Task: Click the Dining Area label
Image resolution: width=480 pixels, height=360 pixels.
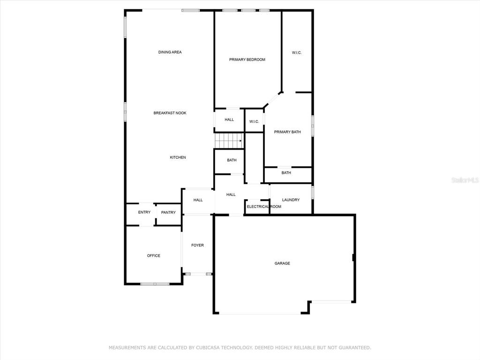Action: [170, 52]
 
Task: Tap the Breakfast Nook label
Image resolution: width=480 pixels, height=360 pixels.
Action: [170, 113]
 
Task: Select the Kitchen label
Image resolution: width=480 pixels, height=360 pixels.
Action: [178, 157]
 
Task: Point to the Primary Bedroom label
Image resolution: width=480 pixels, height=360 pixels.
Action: [247, 60]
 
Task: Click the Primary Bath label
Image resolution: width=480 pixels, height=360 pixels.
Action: [287, 132]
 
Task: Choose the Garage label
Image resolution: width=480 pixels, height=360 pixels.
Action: [282, 263]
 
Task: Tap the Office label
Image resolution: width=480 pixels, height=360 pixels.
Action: [154, 255]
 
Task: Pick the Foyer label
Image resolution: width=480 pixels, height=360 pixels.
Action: [197, 245]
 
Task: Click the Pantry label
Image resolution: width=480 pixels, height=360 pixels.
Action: [168, 212]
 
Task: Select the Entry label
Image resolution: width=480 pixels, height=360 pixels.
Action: [144, 212]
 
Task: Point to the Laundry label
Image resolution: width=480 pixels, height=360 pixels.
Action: [291, 200]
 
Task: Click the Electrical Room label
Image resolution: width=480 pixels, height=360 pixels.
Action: [264, 207]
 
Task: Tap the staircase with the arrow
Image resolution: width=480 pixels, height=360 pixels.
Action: [229, 141]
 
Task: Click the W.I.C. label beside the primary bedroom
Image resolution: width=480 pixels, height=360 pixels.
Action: [297, 52]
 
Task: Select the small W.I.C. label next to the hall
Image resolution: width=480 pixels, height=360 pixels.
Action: [254, 121]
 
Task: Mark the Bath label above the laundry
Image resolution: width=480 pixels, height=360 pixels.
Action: [286, 172]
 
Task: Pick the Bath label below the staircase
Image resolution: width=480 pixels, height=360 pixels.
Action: [232, 160]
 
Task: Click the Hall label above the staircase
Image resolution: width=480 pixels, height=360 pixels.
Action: [229, 120]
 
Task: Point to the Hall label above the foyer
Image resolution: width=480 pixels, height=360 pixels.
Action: [198, 200]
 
